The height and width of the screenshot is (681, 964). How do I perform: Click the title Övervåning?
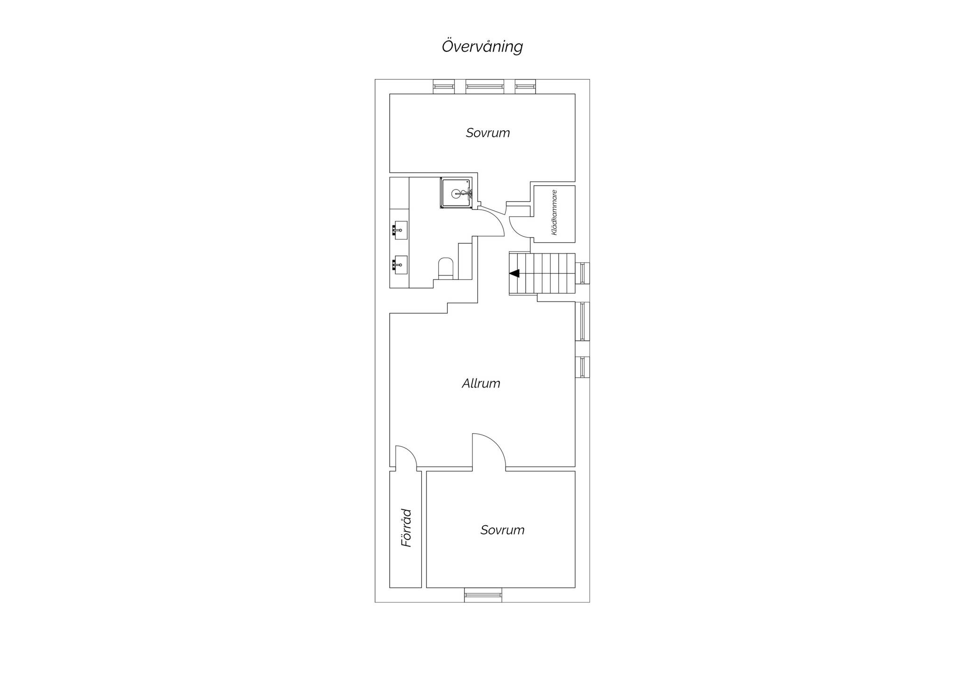(x=482, y=47)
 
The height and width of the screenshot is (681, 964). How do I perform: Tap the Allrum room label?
(x=481, y=383)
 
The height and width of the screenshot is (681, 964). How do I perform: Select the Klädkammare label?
(x=554, y=213)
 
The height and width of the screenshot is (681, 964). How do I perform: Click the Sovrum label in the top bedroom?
(x=488, y=133)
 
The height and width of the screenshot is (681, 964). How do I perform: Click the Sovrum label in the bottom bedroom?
(x=502, y=530)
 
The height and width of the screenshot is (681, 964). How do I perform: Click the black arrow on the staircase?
(x=514, y=273)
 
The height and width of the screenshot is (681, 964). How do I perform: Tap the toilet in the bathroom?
(x=445, y=268)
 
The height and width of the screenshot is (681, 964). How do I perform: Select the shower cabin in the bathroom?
(x=456, y=193)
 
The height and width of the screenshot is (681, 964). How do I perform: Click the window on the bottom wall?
(x=483, y=595)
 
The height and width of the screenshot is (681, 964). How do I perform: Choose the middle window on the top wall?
(x=485, y=87)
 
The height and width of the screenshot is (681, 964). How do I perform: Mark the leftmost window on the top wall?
(x=444, y=87)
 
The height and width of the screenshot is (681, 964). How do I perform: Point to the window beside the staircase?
(x=583, y=273)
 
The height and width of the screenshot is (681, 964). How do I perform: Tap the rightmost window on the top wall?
(x=525, y=87)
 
